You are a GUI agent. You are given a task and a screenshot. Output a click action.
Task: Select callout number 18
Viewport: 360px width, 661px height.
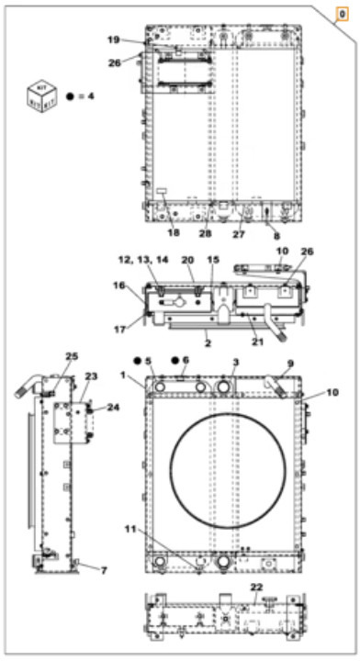[173, 233]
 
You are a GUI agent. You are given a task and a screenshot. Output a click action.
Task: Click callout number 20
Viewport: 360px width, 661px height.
[187, 260]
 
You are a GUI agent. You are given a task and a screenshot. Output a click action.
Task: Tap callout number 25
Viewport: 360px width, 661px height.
[72, 355]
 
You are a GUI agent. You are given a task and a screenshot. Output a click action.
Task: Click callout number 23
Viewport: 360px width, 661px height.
[91, 375]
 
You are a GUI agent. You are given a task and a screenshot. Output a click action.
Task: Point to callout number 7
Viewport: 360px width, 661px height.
[104, 570]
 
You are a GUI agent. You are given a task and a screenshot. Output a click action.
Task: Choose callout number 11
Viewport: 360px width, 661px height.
[129, 529]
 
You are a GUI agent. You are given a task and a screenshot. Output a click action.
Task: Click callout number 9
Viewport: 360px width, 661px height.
[290, 364]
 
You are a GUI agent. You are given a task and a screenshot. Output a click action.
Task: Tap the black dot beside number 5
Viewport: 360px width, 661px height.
[135, 362]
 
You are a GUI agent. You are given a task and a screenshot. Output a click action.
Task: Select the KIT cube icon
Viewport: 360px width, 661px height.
[39, 95]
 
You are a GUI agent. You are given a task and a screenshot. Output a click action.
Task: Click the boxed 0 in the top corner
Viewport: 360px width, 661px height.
[342, 16]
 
